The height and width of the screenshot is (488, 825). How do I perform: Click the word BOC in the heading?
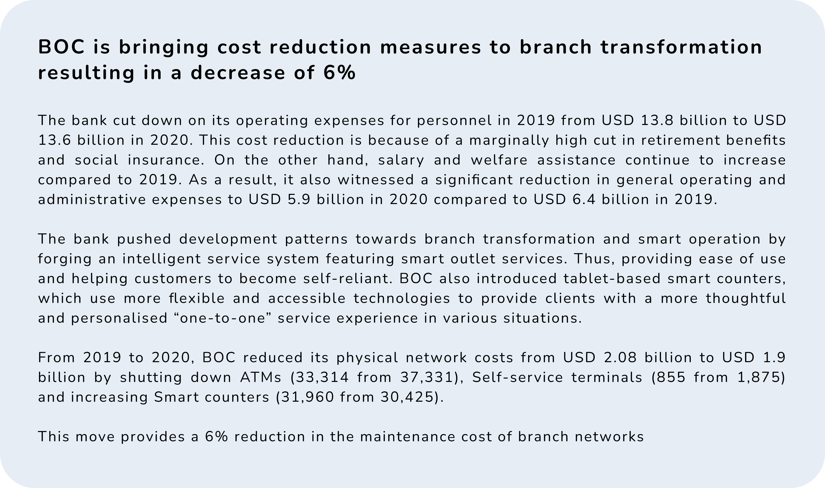coord(62,47)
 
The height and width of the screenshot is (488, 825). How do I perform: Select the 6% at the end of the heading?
coord(339,73)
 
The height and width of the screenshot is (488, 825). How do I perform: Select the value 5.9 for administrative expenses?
coord(299,200)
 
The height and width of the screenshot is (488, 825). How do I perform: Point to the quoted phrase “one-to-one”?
coord(223,318)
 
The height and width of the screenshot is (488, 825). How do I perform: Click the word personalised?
coord(119,318)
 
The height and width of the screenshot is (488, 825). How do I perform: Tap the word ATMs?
coord(261,377)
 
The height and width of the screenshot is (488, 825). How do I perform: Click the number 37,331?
coord(427,377)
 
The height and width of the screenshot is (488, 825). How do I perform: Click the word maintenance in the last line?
coord(408,437)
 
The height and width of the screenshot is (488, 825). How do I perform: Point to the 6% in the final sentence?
coord(216,437)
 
